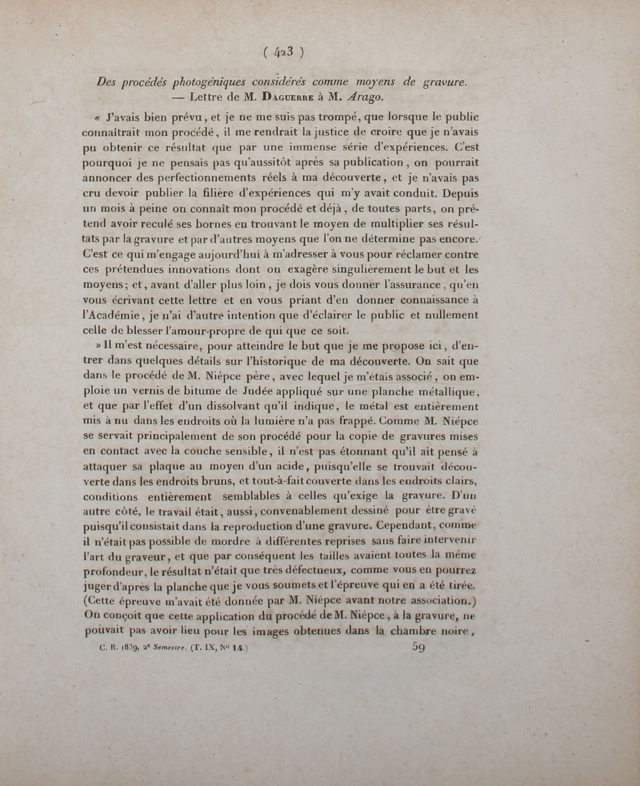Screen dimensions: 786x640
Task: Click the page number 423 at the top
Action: pos(283,52)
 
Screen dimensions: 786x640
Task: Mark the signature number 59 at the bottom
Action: pos(418,647)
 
